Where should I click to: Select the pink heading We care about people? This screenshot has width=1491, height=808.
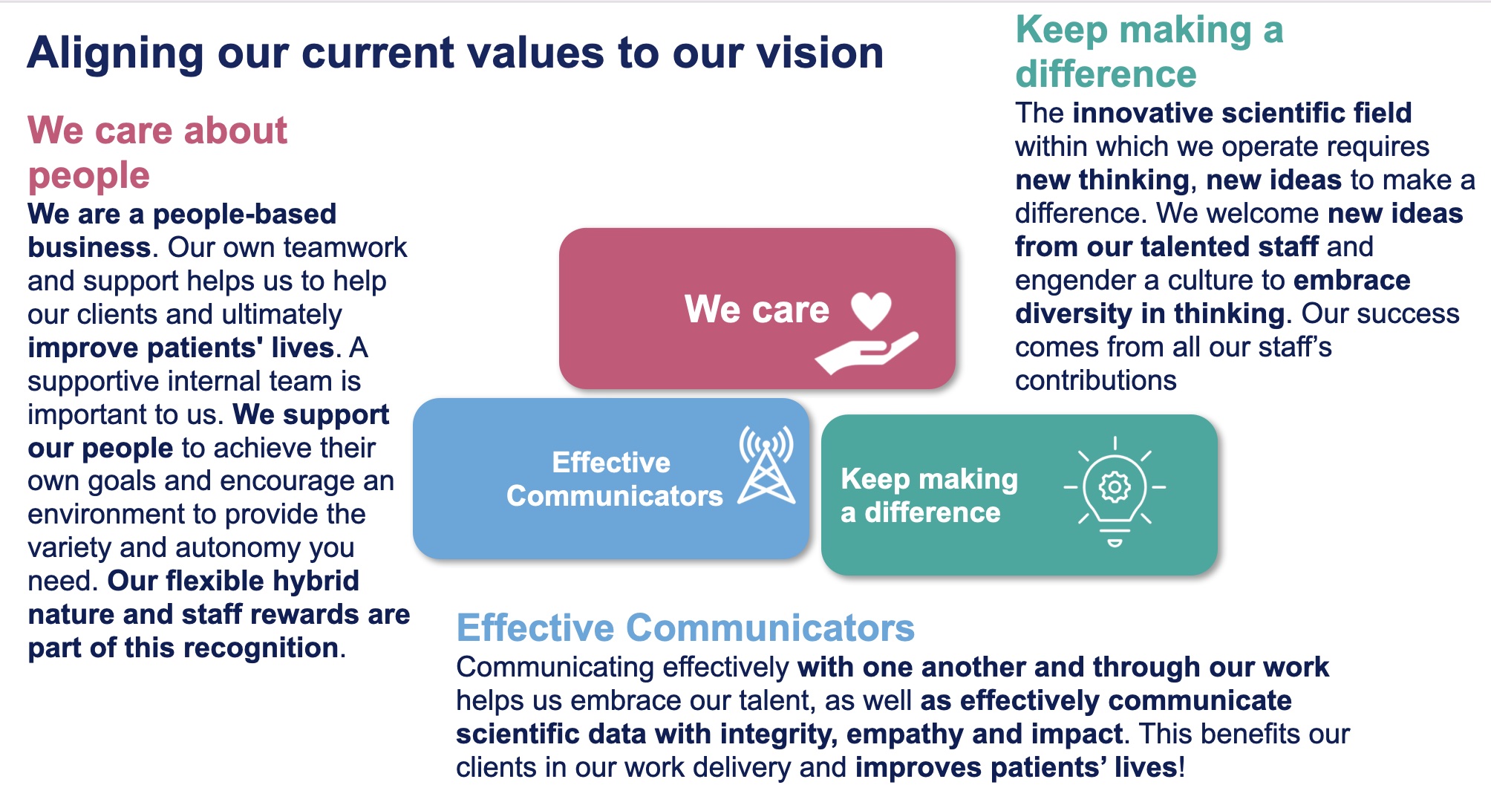(157, 152)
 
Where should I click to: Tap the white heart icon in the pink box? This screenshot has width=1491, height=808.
(871, 310)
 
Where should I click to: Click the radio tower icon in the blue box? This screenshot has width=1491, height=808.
(766, 466)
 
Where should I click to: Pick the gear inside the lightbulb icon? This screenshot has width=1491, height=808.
(1115, 487)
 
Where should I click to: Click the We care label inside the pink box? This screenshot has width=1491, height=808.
(757, 309)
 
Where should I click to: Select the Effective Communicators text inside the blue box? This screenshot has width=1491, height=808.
(614, 479)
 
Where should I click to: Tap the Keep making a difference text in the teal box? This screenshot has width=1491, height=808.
(929, 495)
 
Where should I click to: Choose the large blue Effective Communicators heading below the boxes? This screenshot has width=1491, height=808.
(685, 628)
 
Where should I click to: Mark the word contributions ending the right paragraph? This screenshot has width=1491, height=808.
(1096, 380)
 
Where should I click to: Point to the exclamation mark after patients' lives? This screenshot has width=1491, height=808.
(1181, 767)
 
